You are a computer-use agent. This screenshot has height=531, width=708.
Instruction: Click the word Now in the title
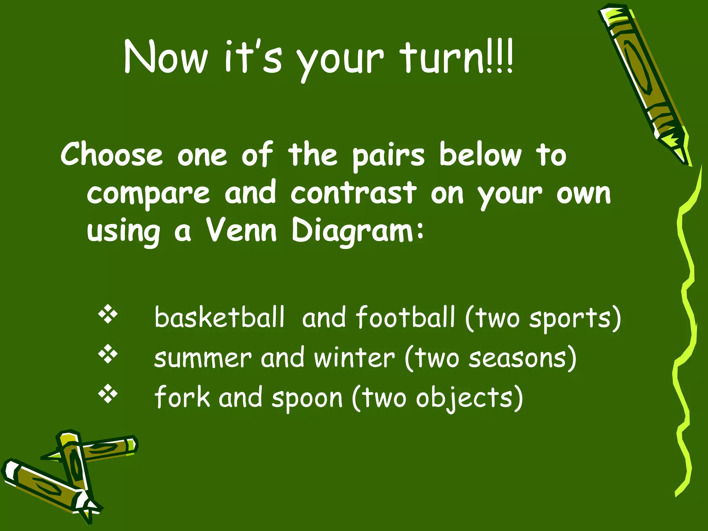(x=166, y=57)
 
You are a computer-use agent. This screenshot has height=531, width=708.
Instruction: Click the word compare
(x=148, y=194)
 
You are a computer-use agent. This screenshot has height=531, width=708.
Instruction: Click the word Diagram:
(x=357, y=232)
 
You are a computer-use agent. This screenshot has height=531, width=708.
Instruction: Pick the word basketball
(x=220, y=317)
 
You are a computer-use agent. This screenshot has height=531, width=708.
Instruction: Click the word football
(x=405, y=317)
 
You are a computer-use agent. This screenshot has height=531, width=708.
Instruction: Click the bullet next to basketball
(x=108, y=314)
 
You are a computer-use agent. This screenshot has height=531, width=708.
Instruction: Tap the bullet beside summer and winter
(x=108, y=354)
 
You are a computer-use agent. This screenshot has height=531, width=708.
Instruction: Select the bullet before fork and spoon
(x=108, y=394)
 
